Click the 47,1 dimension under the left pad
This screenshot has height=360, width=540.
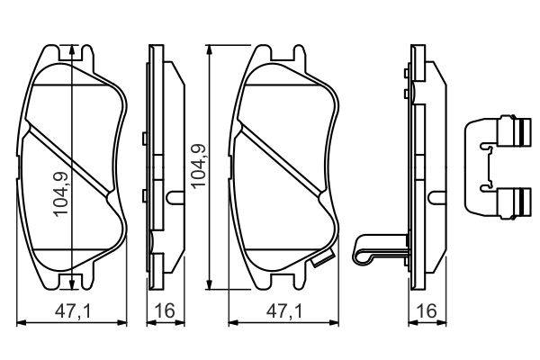(73, 311)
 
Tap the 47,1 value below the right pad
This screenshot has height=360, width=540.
(284, 311)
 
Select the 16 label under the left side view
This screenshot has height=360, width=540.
(166, 311)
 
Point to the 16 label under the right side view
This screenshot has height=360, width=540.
(427, 311)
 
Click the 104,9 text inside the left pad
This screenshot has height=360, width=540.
(61, 193)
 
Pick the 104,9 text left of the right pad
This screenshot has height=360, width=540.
(198, 166)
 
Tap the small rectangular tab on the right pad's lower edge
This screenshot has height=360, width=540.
(322, 259)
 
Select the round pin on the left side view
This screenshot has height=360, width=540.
(175, 198)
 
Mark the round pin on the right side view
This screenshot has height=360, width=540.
(437, 198)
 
